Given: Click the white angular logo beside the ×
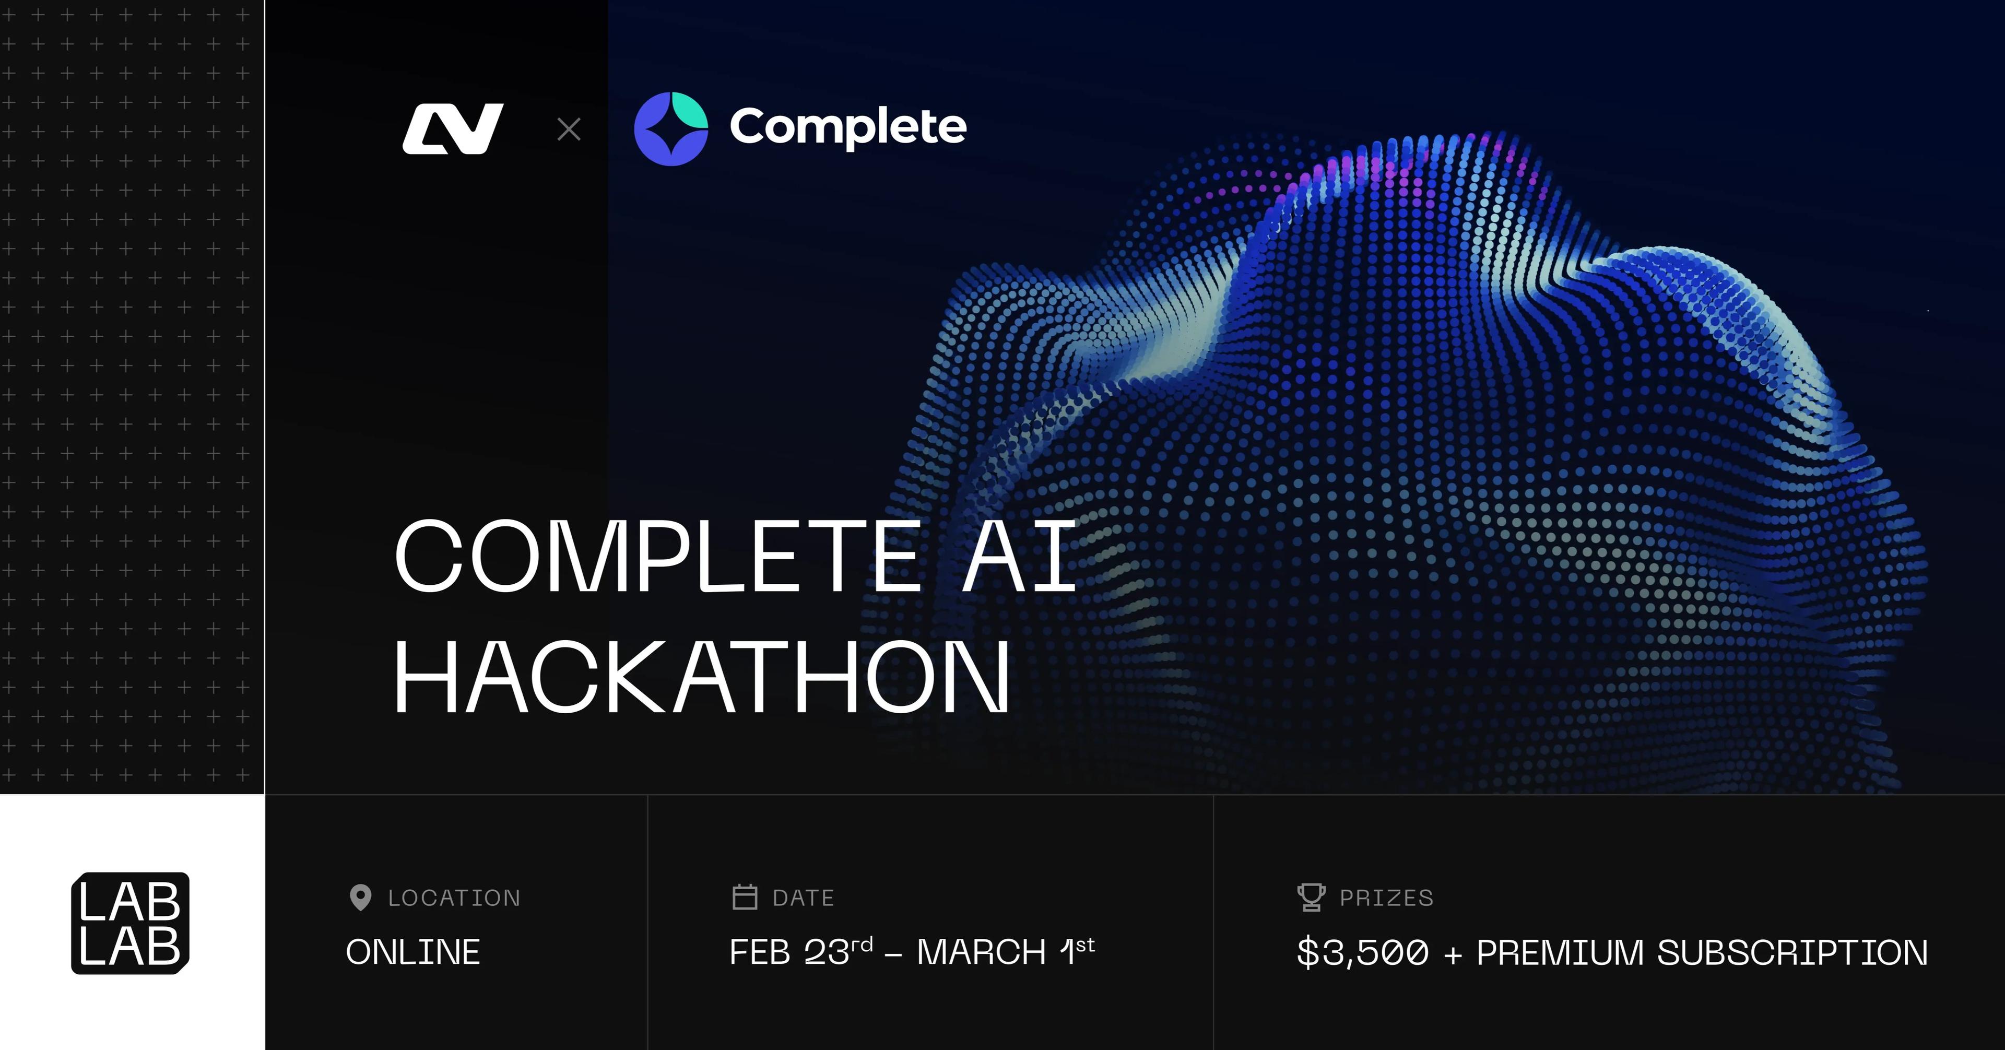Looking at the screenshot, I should pyautogui.click(x=453, y=128).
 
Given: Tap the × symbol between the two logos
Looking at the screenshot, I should pyautogui.click(x=569, y=129).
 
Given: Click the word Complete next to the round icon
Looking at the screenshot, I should pyautogui.click(x=847, y=127).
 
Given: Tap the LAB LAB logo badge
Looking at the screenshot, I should pyautogui.click(x=130, y=923).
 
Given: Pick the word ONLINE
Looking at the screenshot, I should pyautogui.click(x=414, y=952).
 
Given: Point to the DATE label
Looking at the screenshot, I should pyautogui.click(x=803, y=898).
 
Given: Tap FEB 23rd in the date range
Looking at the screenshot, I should pyautogui.click(x=800, y=951).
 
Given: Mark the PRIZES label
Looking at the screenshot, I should pyautogui.click(x=1386, y=898).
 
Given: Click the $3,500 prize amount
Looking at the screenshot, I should pyautogui.click(x=1363, y=952).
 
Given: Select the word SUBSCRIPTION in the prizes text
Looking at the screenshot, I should pyautogui.click(x=1792, y=952).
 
